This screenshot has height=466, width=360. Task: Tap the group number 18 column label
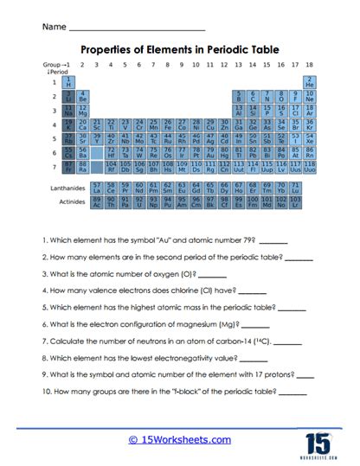[x=309, y=65]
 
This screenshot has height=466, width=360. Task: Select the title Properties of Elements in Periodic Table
[x=180, y=50]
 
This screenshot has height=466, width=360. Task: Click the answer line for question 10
[x=292, y=393]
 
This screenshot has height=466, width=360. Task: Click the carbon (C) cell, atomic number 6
[x=253, y=97]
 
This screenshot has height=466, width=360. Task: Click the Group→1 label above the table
[x=56, y=65]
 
